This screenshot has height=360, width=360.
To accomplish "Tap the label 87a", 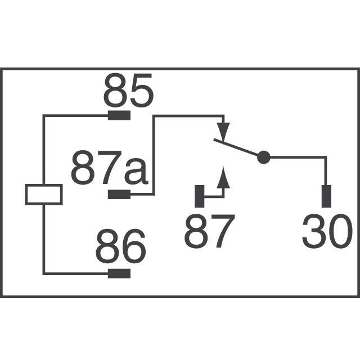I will pyautogui.click(x=109, y=169).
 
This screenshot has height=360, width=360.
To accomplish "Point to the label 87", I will pyautogui.click(x=209, y=232).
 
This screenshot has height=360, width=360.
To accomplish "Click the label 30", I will pyautogui.click(x=327, y=232).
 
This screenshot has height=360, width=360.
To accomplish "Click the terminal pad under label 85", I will pyautogui.click(x=119, y=116).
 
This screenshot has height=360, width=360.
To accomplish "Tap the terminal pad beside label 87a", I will pyautogui.click(x=119, y=195).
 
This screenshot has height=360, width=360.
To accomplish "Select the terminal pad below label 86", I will pyautogui.click(x=119, y=274).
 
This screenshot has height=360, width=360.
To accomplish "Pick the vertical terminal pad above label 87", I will pyautogui.click(x=199, y=196).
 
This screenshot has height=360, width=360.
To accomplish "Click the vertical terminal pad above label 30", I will pyautogui.click(x=326, y=196).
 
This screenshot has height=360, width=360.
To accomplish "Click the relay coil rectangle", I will pyautogui.click(x=44, y=194).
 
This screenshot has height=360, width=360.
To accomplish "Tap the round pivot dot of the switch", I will pyautogui.click(x=263, y=157).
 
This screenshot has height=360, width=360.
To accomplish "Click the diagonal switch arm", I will pyautogui.click(x=236, y=148).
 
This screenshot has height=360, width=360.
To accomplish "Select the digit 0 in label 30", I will pyautogui.click(x=340, y=232).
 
